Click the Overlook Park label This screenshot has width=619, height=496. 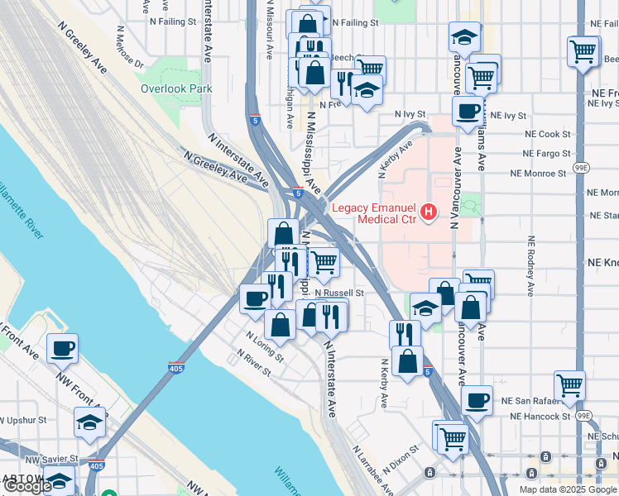click(x=176, y=88)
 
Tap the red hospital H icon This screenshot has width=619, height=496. click(x=429, y=213)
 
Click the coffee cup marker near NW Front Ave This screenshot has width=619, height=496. click(x=62, y=350)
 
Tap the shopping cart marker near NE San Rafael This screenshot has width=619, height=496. click(x=569, y=384)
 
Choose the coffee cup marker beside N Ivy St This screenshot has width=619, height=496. click(x=468, y=111)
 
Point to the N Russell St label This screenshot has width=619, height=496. click(x=339, y=293)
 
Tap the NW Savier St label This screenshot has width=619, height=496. click(x=51, y=458)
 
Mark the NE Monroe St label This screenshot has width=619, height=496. click(x=538, y=174)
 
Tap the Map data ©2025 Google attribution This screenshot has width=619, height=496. click(x=568, y=489)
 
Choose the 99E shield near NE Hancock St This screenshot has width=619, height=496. click(x=584, y=415)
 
